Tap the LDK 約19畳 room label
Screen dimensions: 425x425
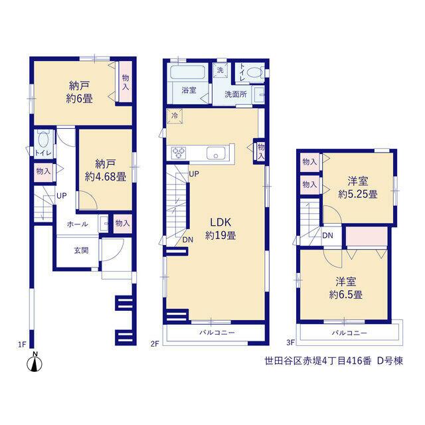(x=220, y=228)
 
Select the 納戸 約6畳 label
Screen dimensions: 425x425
(x=80, y=92)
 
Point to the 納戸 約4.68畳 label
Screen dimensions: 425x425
(x=106, y=170)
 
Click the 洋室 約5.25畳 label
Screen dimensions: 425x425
(x=357, y=187)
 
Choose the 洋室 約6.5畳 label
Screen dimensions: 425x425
(x=345, y=288)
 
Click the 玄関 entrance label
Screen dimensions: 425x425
(x=81, y=250)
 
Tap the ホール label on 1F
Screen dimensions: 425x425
(x=77, y=224)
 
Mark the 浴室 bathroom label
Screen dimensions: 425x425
(x=189, y=90)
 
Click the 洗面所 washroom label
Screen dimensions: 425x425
(x=236, y=94)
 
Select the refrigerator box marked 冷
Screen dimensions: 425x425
(x=175, y=116)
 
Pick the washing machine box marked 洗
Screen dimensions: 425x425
(x=220, y=70)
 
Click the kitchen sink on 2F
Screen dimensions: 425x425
(x=216, y=153)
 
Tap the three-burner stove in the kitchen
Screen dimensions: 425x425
(x=179, y=153)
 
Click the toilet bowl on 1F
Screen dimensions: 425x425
(x=43, y=139)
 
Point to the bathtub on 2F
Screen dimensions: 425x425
(x=187, y=72)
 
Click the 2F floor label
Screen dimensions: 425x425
(x=155, y=344)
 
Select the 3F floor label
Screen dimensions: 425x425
(x=291, y=343)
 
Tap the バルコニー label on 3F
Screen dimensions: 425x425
(x=349, y=333)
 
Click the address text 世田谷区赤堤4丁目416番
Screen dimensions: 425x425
(x=317, y=361)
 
